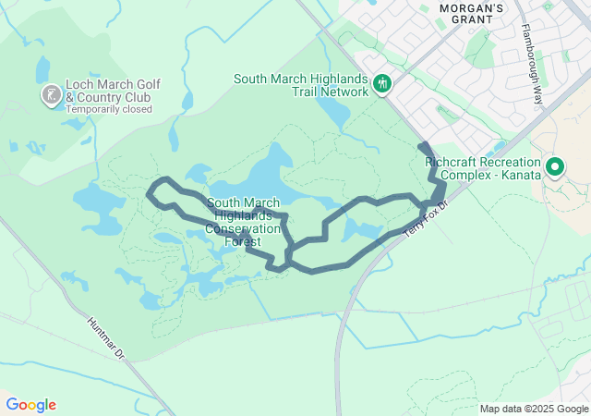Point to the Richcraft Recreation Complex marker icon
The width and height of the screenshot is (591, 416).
[x=555, y=167]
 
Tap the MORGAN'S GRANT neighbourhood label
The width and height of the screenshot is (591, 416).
[x=471, y=9]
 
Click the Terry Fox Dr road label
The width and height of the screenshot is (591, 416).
[x=426, y=218]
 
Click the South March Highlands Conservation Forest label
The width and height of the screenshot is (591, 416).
[x=243, y=222]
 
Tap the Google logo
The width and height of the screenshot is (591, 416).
[x=30, y=405]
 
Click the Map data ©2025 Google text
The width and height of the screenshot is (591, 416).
[x=534, y=409]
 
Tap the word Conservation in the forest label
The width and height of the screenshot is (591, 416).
[x=242, y=228]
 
